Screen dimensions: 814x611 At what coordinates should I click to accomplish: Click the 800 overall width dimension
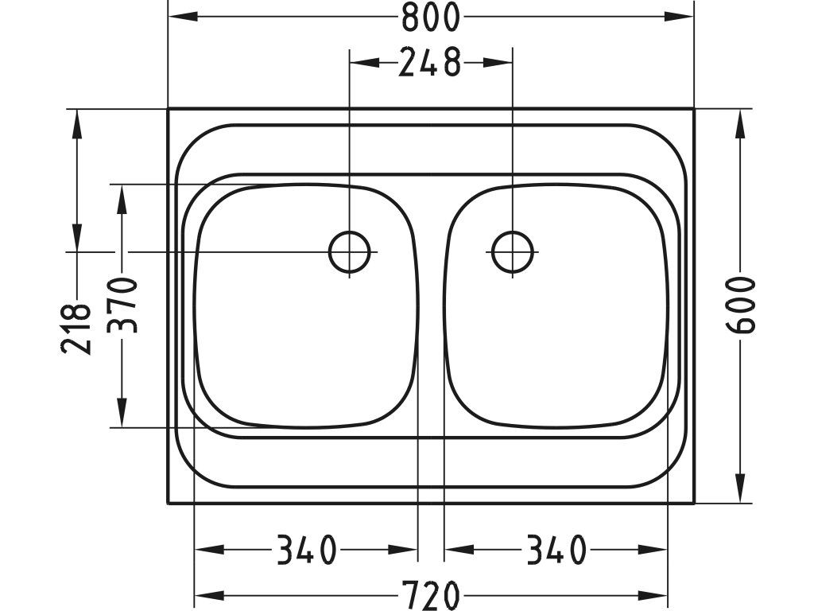click(431, 17)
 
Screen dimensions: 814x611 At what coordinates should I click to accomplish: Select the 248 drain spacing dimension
click(430, 62)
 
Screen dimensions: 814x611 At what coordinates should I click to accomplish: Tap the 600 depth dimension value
click(740, 305)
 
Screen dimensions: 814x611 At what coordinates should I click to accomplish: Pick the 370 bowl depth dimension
click(122, 305)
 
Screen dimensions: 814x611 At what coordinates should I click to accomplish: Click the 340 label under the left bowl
click(306, 550)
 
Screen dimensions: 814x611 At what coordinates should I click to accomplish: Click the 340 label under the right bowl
click(556, 550)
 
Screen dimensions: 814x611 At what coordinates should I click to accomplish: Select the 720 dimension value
click(431, 595)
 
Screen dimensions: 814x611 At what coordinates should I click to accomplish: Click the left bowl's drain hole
click(350, 252)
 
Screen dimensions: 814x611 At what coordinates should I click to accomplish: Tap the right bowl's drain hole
click(513, 252)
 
